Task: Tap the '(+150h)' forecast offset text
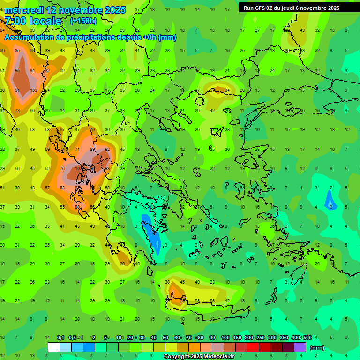point(83,21)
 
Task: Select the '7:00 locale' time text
point(33,22)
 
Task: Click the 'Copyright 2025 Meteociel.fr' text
point(199,357)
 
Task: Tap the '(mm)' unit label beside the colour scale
point(317,348)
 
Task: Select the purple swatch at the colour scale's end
point(300,347)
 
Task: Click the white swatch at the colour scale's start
point(54,347)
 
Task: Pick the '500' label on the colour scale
point(307,337)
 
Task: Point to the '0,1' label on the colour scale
point(60,337)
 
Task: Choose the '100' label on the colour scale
point(225,337)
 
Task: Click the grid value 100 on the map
point(33,90)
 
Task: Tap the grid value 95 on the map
point(17,71)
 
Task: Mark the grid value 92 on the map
point(107,150)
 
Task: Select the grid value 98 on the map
point(108,169)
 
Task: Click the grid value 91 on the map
point(17,90)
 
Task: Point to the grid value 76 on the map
point(62,169)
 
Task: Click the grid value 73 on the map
point(17,111)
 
